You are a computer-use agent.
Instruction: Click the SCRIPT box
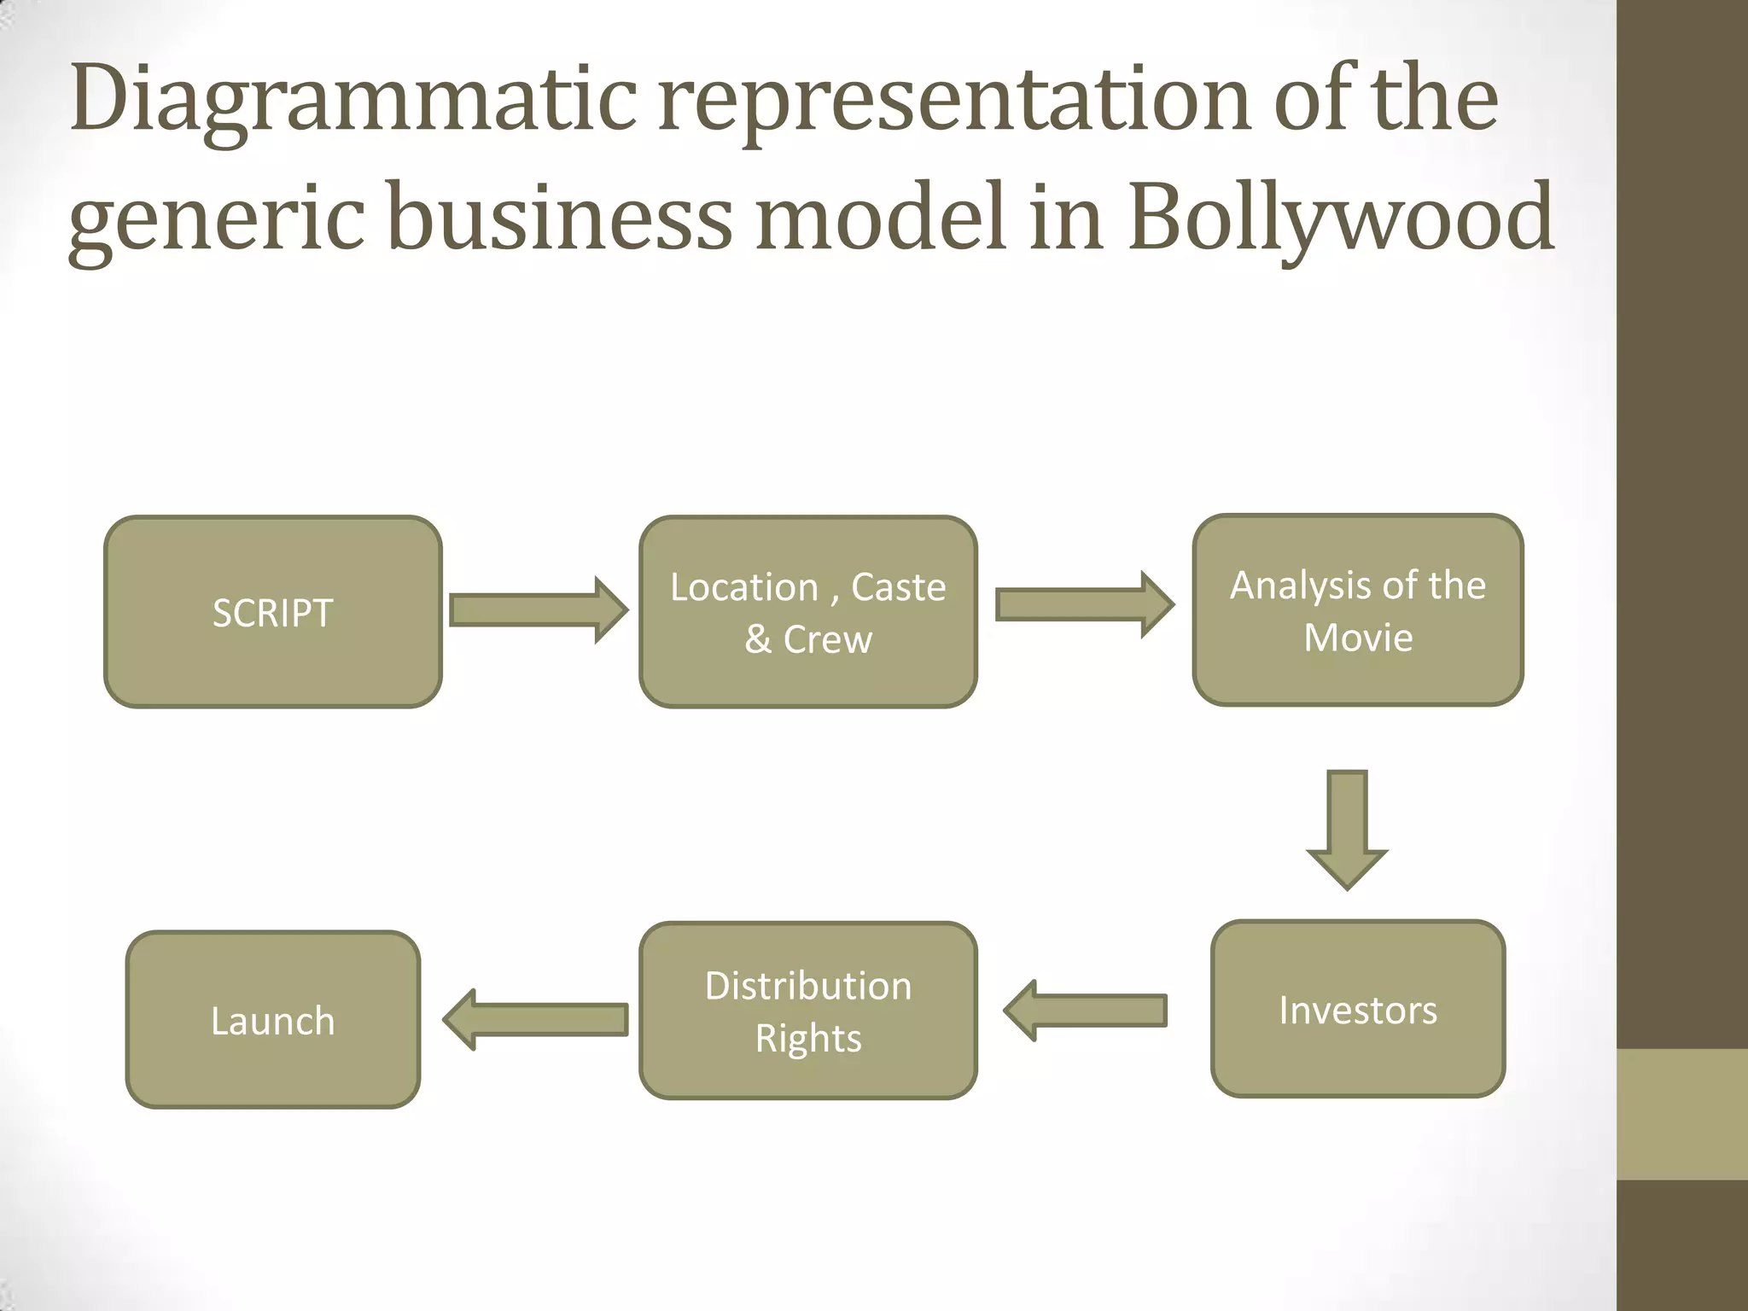tap(273, 612)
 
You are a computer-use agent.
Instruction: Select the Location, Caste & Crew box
tap(807, 612)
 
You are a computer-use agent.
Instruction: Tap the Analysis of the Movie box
tap(1357, 610)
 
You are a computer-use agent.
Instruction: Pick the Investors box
tap(1357, 1009)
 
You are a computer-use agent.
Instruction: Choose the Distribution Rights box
tap(807, 1011)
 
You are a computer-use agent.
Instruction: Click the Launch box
tap(273, 1020)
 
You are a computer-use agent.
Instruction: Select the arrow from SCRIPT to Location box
tap(538, 610)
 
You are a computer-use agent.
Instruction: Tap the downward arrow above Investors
tap(1347, 828)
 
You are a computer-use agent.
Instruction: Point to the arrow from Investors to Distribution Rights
tap(1086, 1011)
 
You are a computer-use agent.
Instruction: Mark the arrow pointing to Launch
tap(536, 1019)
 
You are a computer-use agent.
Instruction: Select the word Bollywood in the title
tap(1340, 220)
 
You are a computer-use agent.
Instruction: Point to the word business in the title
tap(560, 220)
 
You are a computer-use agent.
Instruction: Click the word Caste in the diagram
tap(899, 587)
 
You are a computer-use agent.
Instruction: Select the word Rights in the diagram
tap(808, 1038)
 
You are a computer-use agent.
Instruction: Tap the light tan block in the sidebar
tap(1681, 1114)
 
